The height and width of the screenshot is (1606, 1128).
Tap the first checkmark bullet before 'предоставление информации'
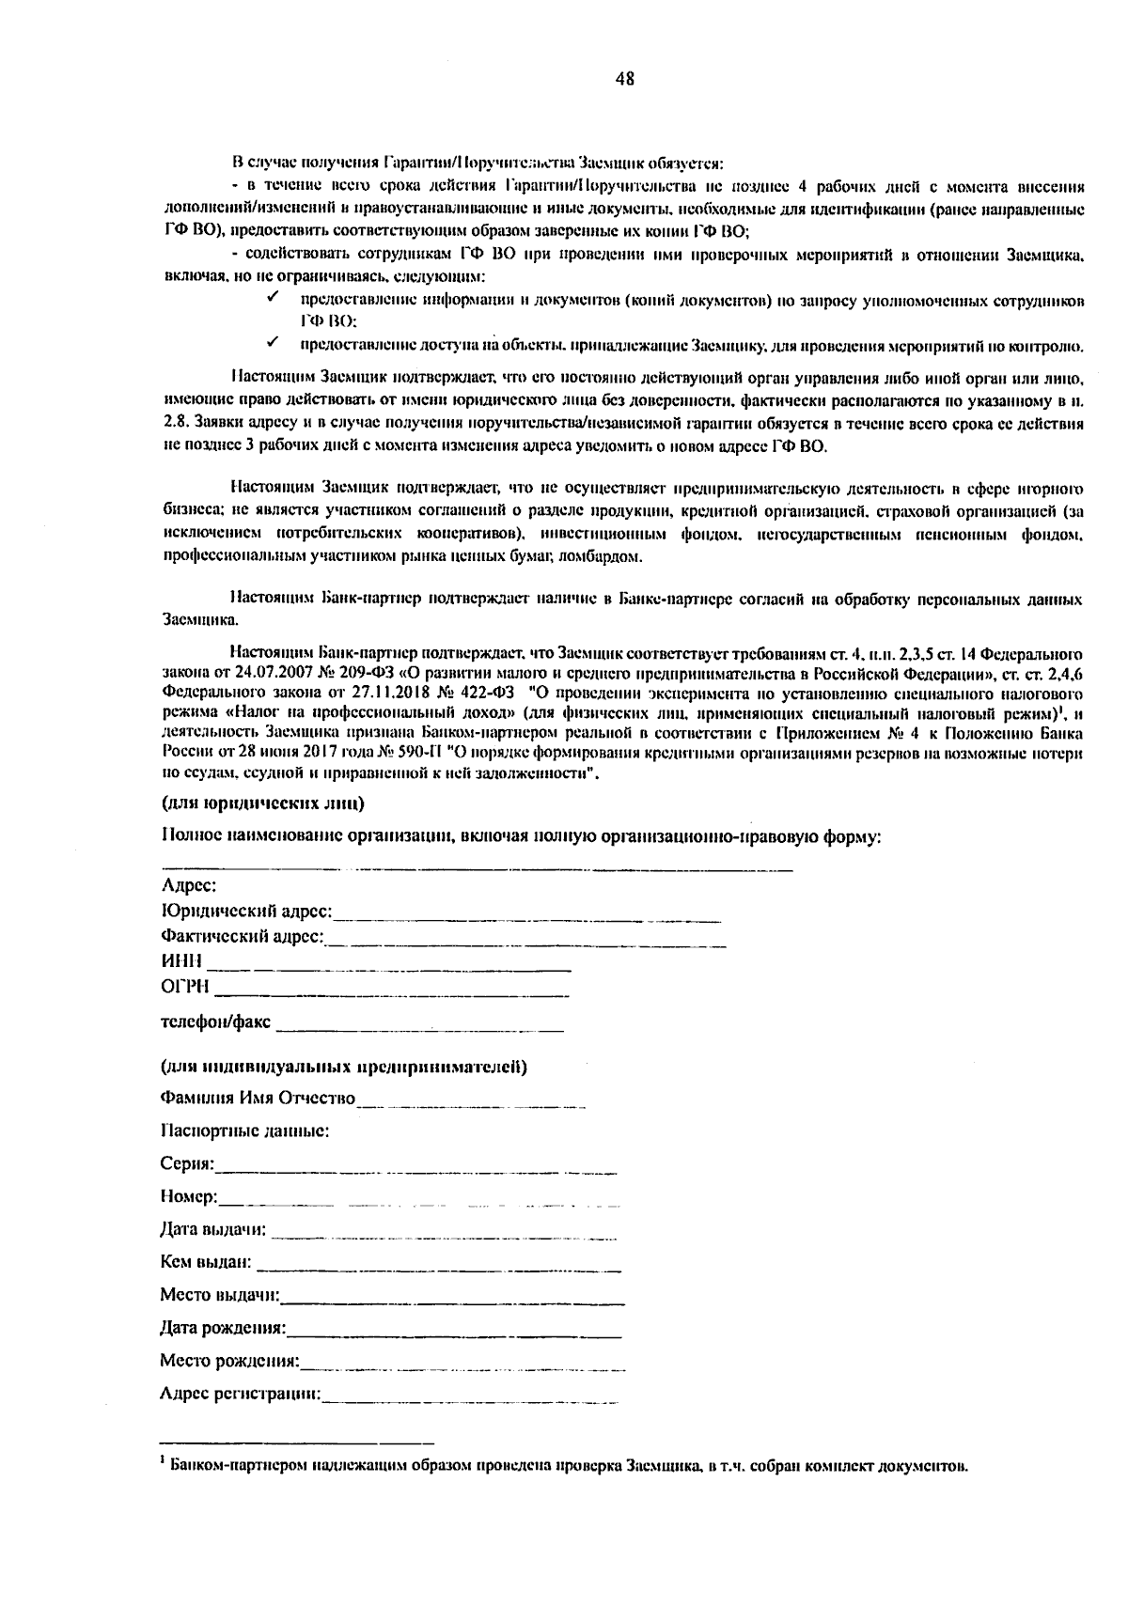click(x=272, y=299)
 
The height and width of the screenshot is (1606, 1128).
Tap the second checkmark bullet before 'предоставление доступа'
click(x=272, y=345)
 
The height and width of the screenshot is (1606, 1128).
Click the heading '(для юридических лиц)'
click(x=263, y=803)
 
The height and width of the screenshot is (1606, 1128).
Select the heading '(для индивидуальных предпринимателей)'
click(x=343, y=1067)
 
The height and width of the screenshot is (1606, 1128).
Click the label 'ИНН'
click(x=182, y=961)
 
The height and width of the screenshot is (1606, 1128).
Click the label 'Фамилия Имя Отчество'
click(x=258, y=1098)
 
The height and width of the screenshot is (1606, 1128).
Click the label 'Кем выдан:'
click(x=205, y=1261)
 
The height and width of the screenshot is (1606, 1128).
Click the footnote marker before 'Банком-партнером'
click(x=164, y=1458)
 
